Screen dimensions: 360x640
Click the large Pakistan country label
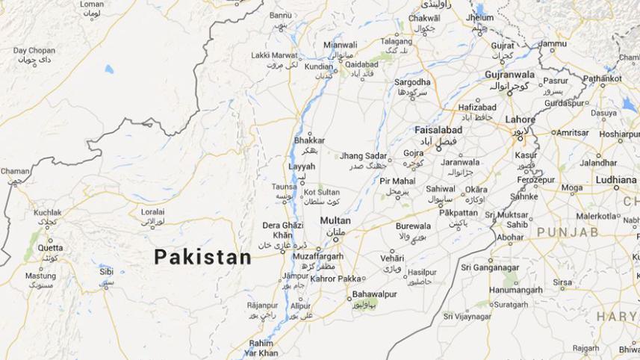202,257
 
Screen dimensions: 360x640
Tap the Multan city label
335,221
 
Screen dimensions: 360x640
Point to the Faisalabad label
438,130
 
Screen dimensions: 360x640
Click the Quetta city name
51,248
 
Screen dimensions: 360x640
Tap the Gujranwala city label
509,75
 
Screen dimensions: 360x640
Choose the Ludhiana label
615,180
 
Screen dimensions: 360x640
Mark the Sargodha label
412,82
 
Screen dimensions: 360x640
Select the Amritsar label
574,132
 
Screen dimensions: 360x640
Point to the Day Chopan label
34,51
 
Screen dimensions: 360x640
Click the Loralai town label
152,212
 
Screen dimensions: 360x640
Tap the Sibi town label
107,272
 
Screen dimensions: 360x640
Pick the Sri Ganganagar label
488,267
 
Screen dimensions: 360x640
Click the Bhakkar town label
310,140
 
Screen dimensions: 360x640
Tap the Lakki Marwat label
273,55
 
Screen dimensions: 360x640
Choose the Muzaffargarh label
318,256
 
